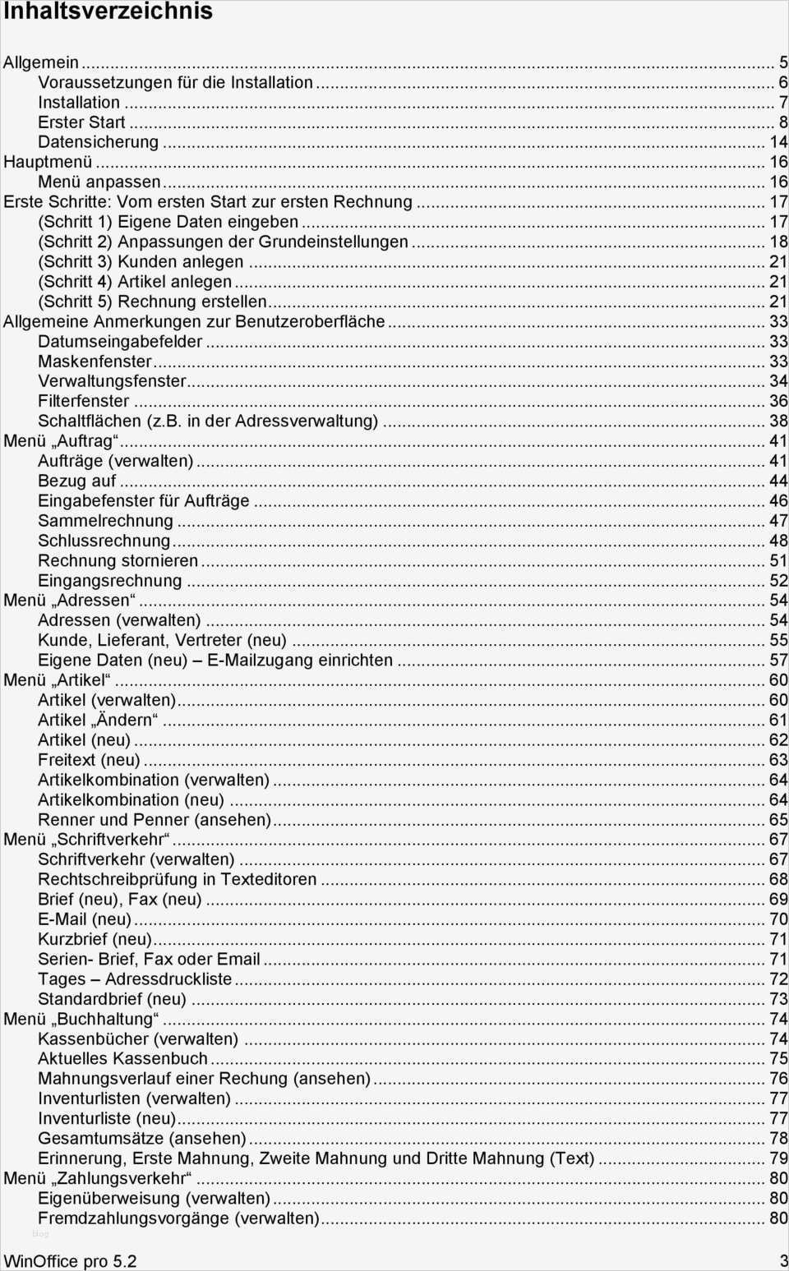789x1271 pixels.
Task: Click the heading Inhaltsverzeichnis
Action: pyautogui.click(x=108, y=12)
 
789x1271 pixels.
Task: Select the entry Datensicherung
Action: pyautogui.click(x=98, y=142)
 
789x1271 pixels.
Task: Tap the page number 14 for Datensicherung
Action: pyautogui.click(x=777, y=142)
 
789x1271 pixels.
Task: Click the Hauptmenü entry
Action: pyautogui.click(x=48, y=162)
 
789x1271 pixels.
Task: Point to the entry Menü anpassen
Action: pyautogui.click(x=99, y=182)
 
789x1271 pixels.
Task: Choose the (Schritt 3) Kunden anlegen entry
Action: pyautogui.click(x=141, y=261)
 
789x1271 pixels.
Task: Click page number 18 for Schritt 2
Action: pyautogui.click(x=777, y=242)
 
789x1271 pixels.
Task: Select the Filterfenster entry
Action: pyautogui.click(x=83, y=401)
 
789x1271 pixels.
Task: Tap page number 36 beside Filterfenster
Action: pyautogui.click(x=777, y=401)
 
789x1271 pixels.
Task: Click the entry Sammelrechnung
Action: pyautogui.click(x=105, y=521)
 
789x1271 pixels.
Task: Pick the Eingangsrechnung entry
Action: pyautogui.click(x=109, y=581)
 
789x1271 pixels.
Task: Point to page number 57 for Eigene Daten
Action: pyautogui.click(x=777, y=661)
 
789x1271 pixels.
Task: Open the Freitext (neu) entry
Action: pyautogui.click(x=89, y=760)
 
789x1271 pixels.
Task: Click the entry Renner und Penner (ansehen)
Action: pyautogui.click(x=155, y=820)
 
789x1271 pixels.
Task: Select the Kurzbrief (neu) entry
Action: pyautogui.click(x=95, y=939)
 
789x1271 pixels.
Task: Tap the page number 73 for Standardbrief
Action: pyautogui.click(x=777, y=999)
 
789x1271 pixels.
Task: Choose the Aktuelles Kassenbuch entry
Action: pyautogui.click(x=122, y=1059)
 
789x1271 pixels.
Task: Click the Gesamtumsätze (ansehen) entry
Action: pyautogui.click(x=141, y=1139)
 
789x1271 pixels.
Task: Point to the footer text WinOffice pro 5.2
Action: pyautogui.click(x=70, y=1261)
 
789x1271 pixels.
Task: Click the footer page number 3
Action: pyautogui.click(x=783, y=1261)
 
